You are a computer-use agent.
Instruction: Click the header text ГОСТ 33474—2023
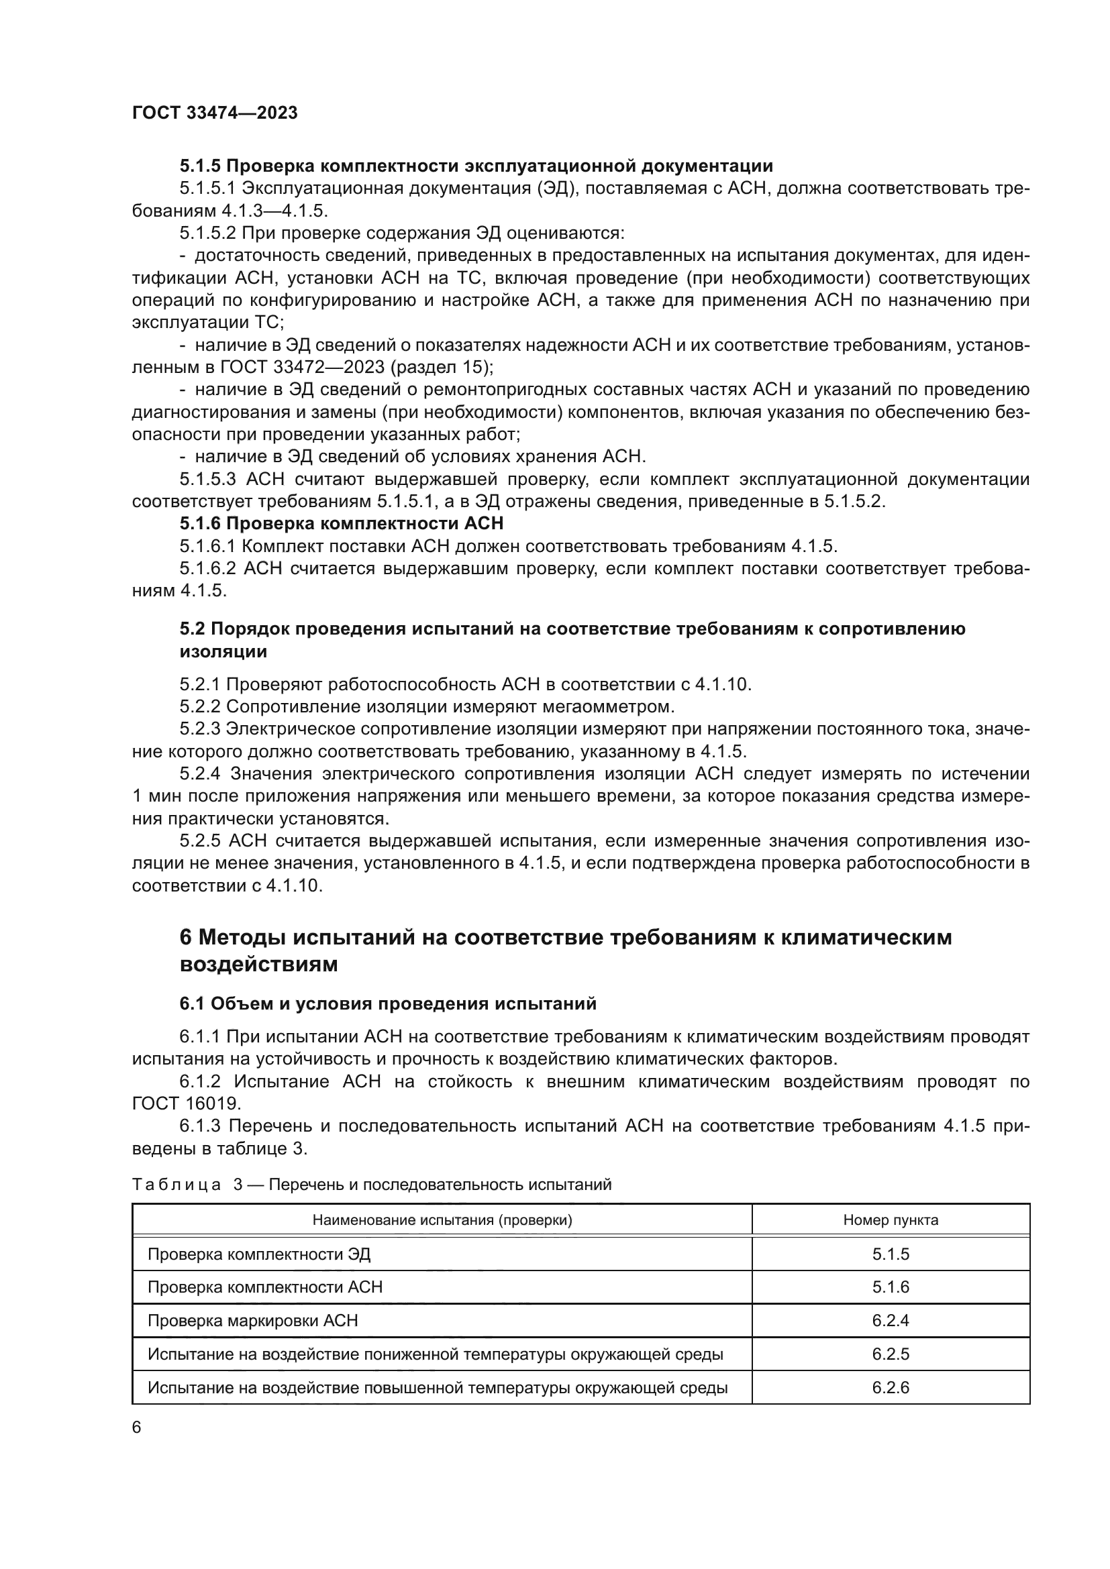point(215,113)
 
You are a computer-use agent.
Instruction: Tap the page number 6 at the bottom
point(137,1427)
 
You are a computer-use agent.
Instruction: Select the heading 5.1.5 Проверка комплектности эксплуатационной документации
point(476,166)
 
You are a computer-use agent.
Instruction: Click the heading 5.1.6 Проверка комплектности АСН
point(341,523)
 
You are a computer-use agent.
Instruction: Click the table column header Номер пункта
point(890,1220)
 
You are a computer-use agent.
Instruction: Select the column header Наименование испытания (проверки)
point(442,1220)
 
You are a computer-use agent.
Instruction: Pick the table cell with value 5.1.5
point(890,1254)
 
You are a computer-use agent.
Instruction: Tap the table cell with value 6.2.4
point(890,1320)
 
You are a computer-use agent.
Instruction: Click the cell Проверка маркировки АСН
point(253,1320)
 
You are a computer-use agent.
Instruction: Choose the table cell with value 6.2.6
point(890,1387)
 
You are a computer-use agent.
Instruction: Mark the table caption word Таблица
point(176,1185)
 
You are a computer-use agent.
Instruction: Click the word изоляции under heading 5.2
point(223,651)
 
